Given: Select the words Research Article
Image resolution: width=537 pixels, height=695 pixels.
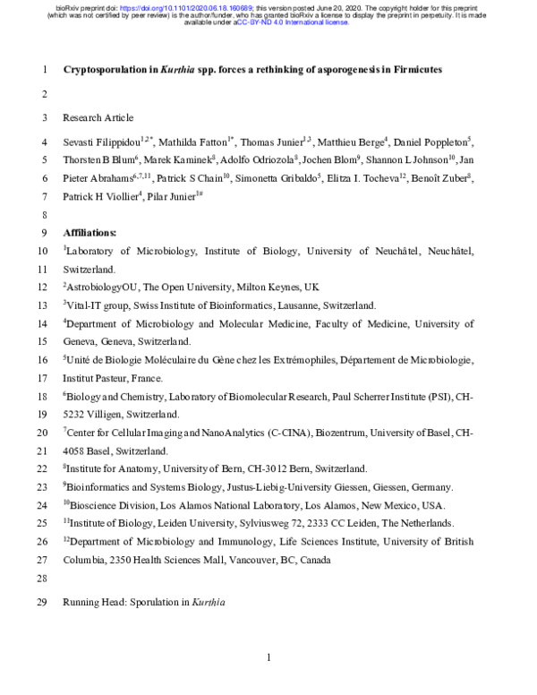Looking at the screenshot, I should click(98, 117).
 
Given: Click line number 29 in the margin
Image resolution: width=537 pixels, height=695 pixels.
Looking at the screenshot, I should click(43, 603).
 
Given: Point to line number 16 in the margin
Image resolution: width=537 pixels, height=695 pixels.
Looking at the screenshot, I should click(43, 359).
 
